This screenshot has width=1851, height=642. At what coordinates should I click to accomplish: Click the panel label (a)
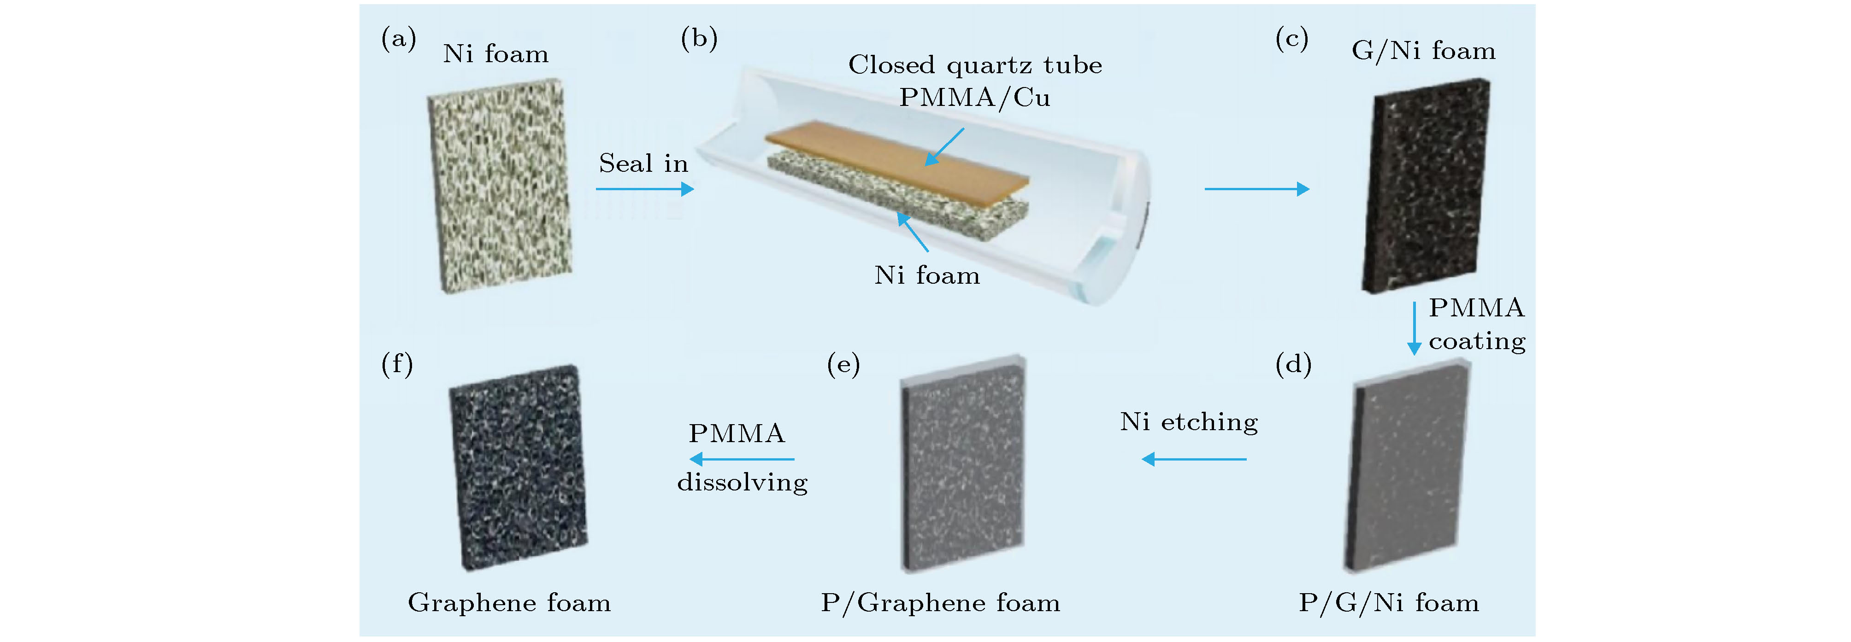point(399,39)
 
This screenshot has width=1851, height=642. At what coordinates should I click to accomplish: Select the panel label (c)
point(1291,39)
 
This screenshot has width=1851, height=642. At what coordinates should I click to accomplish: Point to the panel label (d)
point(1293,365)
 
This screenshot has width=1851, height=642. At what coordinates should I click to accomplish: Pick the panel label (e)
point(843,365)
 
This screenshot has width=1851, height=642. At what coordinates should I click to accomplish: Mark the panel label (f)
point(397,365)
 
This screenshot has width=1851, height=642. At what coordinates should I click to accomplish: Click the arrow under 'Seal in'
point(644,189)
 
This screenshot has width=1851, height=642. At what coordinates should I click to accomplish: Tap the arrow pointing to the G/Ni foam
point(1257,189)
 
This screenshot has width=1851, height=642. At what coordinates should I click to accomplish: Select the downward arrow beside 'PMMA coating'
point(1414,328)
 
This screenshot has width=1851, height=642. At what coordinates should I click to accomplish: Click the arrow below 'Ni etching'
point(1194,459)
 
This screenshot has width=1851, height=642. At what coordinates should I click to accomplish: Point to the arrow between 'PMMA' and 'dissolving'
point(742,459)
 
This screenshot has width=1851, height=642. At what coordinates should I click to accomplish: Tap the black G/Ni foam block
point(1427,185)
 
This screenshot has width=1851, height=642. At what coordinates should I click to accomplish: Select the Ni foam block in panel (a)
point(500,185)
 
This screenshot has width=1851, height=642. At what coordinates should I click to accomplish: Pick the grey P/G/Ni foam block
point(1407,467)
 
